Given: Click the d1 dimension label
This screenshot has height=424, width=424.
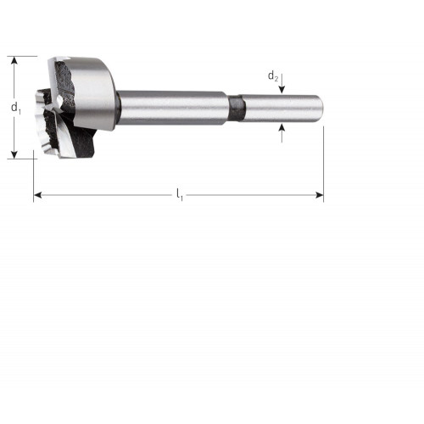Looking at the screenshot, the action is (16, 108).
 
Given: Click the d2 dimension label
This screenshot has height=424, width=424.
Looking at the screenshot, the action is (273, 76).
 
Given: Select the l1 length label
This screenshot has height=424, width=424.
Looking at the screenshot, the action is (180, 195).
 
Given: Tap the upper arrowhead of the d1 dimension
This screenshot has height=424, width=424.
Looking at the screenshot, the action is (14, 60).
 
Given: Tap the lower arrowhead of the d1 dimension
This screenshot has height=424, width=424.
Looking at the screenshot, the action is (14, 154).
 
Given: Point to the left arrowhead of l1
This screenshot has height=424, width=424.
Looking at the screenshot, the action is (38, 195).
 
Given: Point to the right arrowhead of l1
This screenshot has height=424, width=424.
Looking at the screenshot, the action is (319, 195).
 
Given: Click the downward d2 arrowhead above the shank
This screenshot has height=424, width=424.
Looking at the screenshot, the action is (282, 89).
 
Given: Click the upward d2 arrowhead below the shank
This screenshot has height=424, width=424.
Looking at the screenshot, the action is (282, 128).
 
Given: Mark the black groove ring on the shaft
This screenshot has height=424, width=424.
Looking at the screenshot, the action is (237, 109).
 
